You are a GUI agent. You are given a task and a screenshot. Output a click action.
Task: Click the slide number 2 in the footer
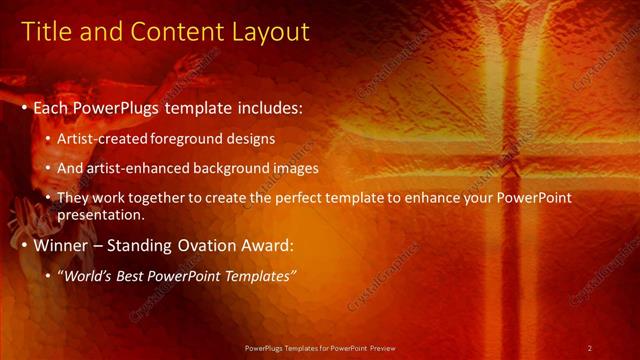pyautogui.click(x=590, y=347)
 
